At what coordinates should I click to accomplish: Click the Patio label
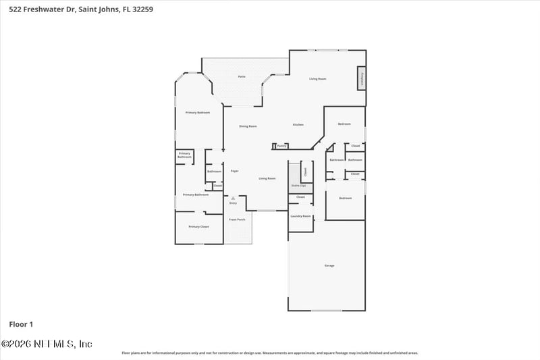(x=241, y=77)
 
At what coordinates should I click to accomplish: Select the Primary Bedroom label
(x=198, y=112)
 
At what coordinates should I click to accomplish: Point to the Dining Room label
(x=248, y=126)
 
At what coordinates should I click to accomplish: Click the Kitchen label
(x=298, y=125)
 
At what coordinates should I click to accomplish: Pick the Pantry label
(x=282, y=145)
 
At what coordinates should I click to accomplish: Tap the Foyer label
(x=234, y=171)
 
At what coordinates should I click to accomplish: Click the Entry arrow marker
(x=233, y=198)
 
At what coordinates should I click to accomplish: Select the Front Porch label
(x=236, y=220)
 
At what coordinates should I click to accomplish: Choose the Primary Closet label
(x=198, y=226)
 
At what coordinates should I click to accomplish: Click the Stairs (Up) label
(x=298, y=185)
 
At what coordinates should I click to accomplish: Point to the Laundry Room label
(x=300, y=216)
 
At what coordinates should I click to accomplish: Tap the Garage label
(x=329, y=265)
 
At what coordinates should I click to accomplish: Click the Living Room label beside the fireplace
(x=318, y=79)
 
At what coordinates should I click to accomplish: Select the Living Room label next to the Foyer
(x=267, y=178)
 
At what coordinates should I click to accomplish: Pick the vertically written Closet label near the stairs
(x=304, y=172)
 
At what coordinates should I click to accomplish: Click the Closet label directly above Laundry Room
(x=300, y=197)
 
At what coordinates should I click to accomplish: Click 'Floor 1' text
(x=20, y=325)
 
